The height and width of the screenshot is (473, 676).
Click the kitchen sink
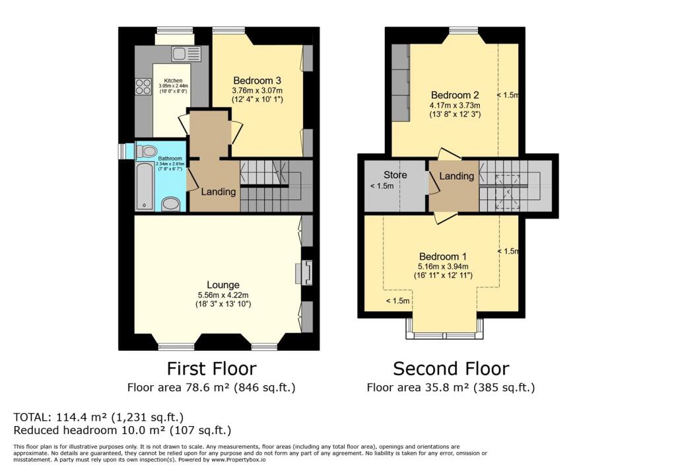click(x=186, y=54)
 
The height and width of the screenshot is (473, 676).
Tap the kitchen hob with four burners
click(x=143, y=87)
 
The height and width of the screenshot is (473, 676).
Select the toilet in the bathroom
click(x=146, y=151)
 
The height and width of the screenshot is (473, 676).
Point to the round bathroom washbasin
click(x=171, y=205)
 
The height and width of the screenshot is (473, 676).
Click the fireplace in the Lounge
click(x=304, y=272)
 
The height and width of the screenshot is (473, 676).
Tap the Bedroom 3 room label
click(x=257, y=81)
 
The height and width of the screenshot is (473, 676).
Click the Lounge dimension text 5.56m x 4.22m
click(x=223, y=295)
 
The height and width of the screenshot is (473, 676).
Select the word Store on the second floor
click(x=395, y=175)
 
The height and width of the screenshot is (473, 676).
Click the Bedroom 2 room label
click(x=455, y=95)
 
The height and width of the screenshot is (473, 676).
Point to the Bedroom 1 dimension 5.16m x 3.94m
click(x=443, y=267)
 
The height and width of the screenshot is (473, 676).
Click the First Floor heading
click(x=211, y=369)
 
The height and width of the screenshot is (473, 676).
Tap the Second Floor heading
click(x=451, y=369)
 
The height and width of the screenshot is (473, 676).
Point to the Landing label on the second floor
click(x=456, y=176)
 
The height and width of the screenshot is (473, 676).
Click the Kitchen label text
click(x=173, y=81)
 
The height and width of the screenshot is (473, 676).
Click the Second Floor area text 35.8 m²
click(x=450, y=388)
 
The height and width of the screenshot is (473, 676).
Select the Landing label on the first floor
click(x=219, y=192)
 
